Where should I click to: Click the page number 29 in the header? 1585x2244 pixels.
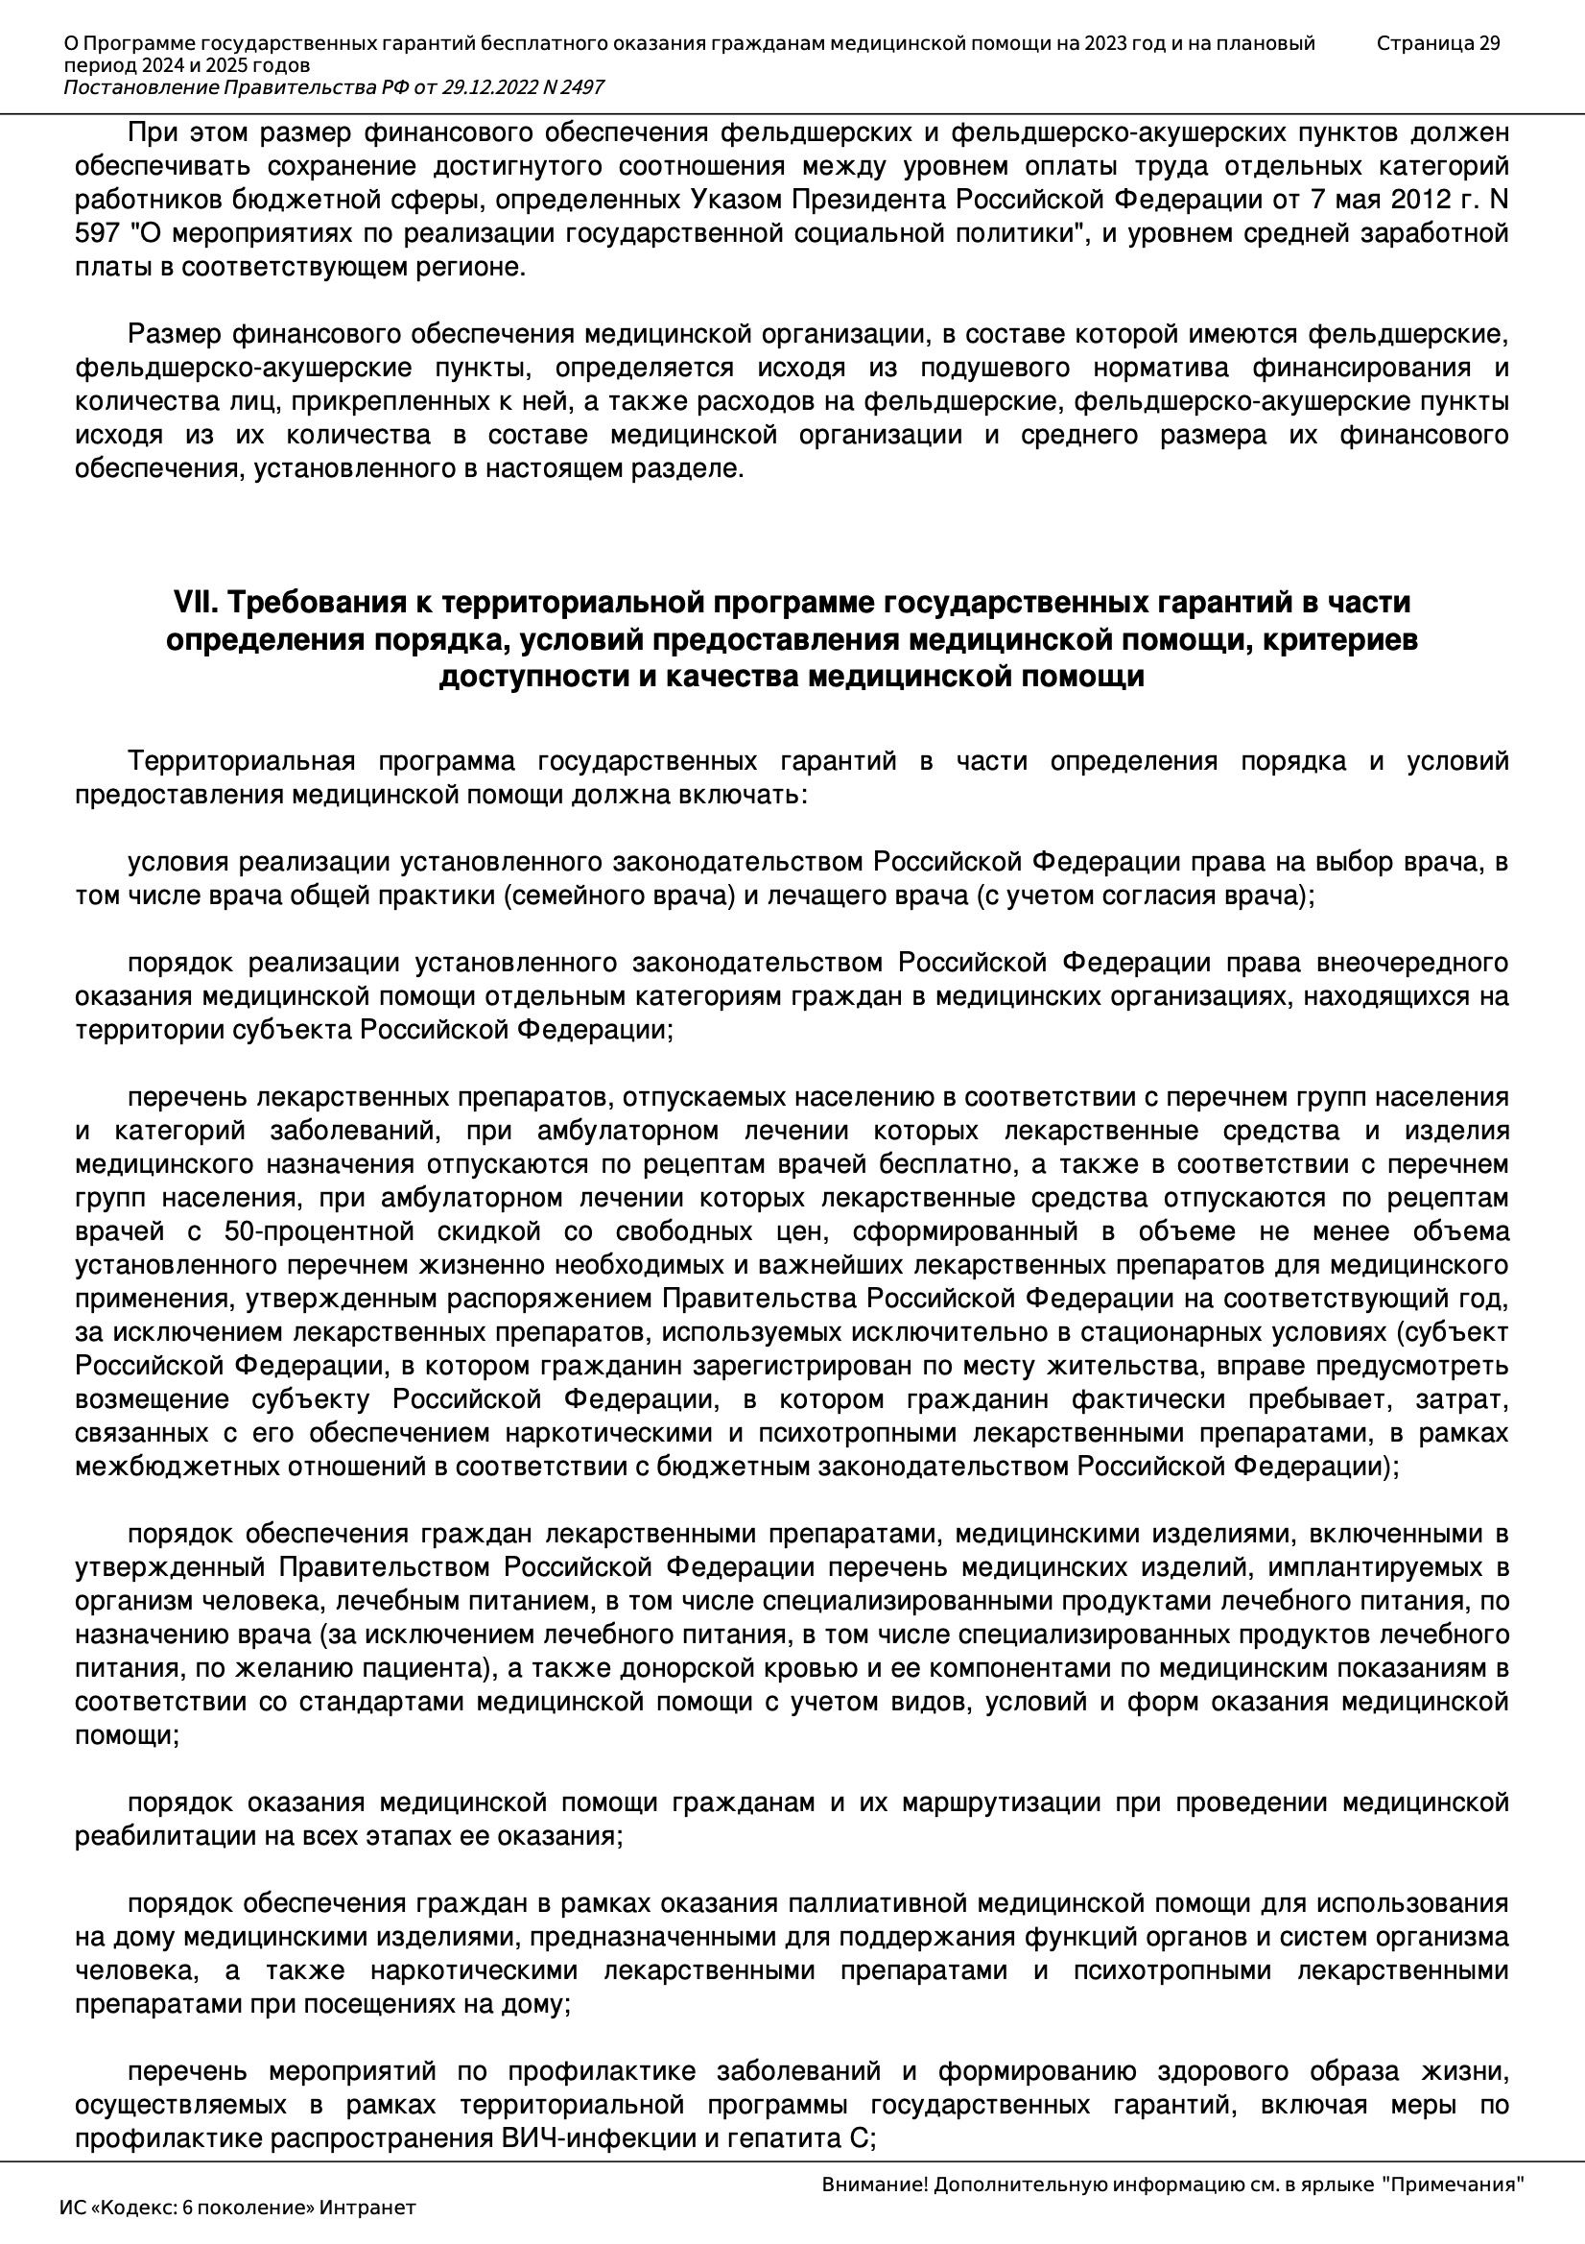click(x=1488, y=43)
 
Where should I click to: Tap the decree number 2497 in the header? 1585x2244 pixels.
click(x=582, y=88)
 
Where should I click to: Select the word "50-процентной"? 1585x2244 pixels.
click(x=310, y=1231)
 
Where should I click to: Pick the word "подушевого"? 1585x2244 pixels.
click(x=994, y=368)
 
